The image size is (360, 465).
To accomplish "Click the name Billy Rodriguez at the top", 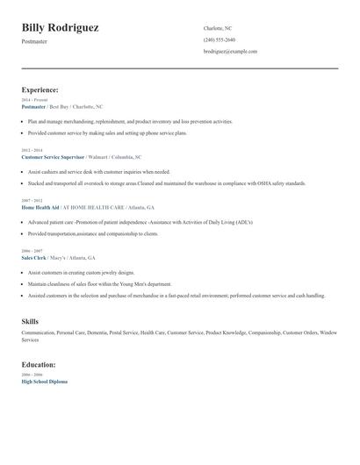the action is pyautogui.click(x=60, y=28).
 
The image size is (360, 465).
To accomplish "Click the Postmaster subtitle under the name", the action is pyautogui.click(x=36, y=41).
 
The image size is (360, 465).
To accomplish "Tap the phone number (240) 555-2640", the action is pyautogui.click(x=219, y=39).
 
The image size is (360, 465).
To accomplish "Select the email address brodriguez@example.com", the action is pyautogui.click(x=230, y=52).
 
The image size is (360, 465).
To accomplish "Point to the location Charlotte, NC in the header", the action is pyautogui.click(x=218, y=28).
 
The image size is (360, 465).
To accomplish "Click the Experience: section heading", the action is pyautogui.click(x=40, y=89).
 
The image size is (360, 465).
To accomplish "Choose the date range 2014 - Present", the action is pyautogui.click(x=34, y=100).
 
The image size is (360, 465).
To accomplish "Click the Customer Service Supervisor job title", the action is pyautogui.click(x=53, y=156).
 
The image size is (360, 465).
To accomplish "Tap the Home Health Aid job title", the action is pyautogui.click(x=40, y=208).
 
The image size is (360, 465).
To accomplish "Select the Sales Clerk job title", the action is pyautogui.click(x=33, y=258).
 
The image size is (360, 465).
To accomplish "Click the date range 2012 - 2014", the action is pyautogui.click(x=31, y=150).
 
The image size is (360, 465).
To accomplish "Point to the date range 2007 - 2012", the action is pyautogui.click(x=31, y=201).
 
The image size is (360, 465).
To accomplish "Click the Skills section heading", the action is pyautogui.click(x=30, y=322).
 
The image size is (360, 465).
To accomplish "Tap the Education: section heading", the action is pyautogui.click(x=39, y=364).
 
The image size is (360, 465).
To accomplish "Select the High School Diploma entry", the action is pyautogui.click(x=44, y=382).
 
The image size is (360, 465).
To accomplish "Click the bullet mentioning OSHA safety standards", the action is pyautogui.click(x=167, y=183).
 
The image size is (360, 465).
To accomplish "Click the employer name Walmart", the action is pyautogui.click(x=102, y=156).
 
